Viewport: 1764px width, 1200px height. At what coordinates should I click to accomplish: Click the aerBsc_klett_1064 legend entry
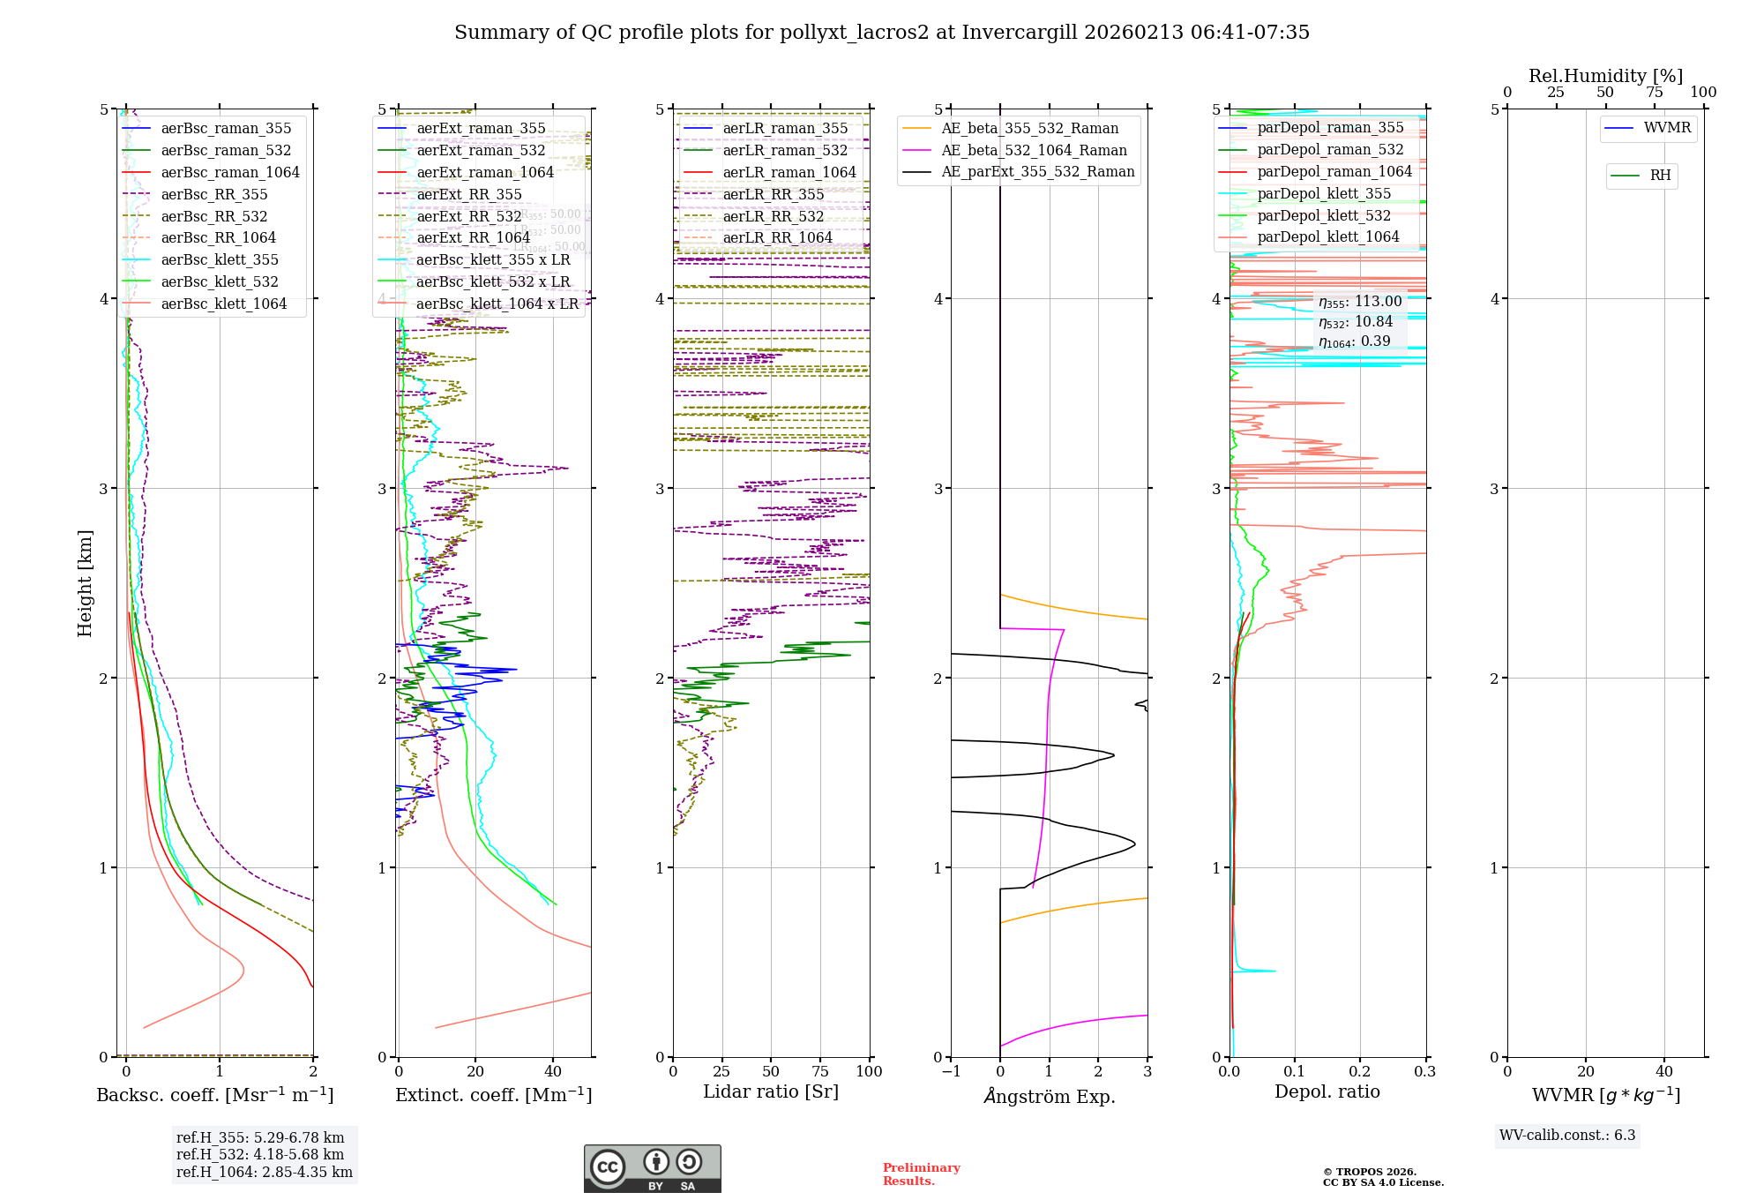(x=223, y=304)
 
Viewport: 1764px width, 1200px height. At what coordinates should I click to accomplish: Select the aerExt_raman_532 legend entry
(x=481, y=150)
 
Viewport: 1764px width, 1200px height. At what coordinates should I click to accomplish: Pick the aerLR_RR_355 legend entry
(x=773, y=194)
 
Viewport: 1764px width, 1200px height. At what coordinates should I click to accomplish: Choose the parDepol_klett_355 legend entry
(x=1323, y=193)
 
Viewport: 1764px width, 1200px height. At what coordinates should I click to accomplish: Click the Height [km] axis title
(x=85, y=583)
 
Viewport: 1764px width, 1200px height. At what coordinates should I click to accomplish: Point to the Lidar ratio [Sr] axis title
(x=771, y=1091)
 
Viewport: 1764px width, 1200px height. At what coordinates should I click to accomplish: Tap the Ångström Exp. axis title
(x=1050, y=1096)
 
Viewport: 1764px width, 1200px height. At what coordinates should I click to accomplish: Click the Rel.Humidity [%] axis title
(x=1605, y=76)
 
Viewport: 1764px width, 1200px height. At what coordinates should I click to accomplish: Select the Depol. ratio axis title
(x=1327, y=1091)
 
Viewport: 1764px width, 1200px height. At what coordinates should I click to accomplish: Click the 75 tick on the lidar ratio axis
(x=820, y=1071)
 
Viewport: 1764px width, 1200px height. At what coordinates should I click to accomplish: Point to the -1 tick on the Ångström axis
(x=950, y=1071)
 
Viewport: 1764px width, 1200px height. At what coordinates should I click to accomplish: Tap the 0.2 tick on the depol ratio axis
(x=1360, y=1071)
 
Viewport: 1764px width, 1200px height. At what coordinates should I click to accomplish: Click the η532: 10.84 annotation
(x=1356, y=322)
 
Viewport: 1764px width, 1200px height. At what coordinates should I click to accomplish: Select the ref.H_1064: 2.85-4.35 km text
(x=265, y=1173)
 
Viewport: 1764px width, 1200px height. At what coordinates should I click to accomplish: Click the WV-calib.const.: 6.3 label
(x=1567, y=1136)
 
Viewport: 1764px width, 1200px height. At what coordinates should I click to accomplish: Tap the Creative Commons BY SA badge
(x=652, y=1168)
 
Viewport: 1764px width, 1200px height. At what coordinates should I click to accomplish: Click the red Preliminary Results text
(x=921, y=1174)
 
